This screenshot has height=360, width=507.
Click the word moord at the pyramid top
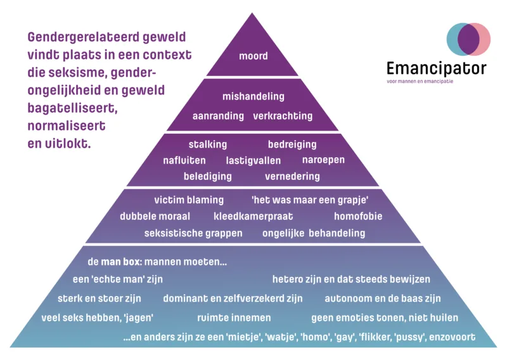(253, 56)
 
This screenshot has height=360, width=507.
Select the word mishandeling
(253, 97)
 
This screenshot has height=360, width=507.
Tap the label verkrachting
(283, 116)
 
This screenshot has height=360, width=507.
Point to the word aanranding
(218, 116)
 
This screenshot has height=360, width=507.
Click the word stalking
(207, 145)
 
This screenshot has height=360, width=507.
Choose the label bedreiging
(292, 145)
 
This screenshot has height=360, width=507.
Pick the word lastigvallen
(253, 160)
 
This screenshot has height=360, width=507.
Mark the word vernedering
(292, 176)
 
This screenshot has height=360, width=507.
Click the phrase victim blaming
(189, 200)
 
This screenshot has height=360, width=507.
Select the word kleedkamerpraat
(253, 217)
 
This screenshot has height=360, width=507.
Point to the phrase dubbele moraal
(155, 217)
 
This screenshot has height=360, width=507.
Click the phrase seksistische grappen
(193, 233)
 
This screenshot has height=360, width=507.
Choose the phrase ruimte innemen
(234, 318)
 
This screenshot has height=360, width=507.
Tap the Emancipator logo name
(437, 68)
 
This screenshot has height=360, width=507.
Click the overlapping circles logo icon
(468, 39)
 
